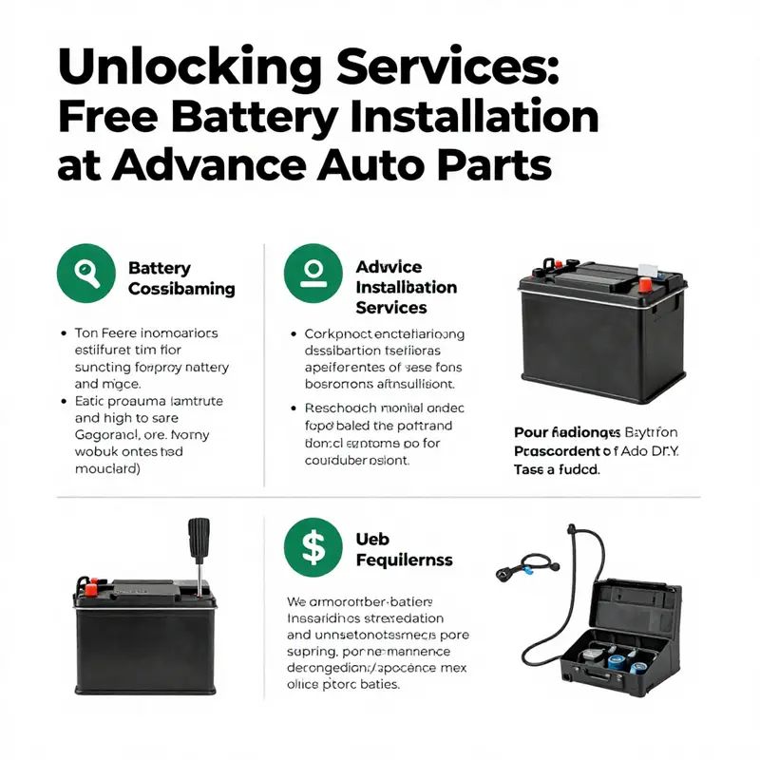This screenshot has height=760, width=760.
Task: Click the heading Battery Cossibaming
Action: tap(180, 278)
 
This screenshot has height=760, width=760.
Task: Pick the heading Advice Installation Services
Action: tap(406, 287)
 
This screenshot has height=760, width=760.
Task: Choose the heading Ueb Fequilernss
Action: tap(404, 549)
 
